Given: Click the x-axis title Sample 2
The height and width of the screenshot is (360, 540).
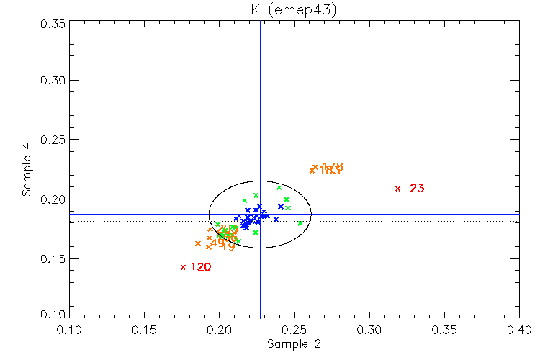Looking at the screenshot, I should pyautogui.click(x=294, y=344).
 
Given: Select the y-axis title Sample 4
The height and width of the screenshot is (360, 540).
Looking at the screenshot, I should pyautogui.click(x=26, y=170).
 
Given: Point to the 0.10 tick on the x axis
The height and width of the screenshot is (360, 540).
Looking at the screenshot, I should pyautogui.click(x=70, y=330).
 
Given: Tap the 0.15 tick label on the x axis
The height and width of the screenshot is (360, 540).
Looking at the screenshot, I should pyautogui.click(x=145, y=330).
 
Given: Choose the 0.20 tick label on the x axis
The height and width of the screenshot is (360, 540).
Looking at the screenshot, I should pyautogui.click(x=220, y=330).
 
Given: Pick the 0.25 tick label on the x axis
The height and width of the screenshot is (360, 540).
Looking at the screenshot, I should pyautogui.click(x=294, y=330).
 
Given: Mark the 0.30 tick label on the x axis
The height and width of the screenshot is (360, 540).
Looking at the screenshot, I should pyautogui.click(x=369, y=330).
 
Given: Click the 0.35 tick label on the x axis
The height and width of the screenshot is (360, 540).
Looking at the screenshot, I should pyautogui.click(x=444, y=330).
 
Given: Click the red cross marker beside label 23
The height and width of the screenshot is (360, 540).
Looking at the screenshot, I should pyautogui.click(x=397, y=189).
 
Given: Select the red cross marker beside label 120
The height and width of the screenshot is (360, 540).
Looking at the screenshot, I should pyautogui.click(x=184, y=267).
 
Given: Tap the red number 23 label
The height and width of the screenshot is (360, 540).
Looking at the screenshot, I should pyautogui.click(x=417, y=189).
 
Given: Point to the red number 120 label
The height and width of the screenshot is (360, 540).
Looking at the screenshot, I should pyautogui.click(x=200, y=267).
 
